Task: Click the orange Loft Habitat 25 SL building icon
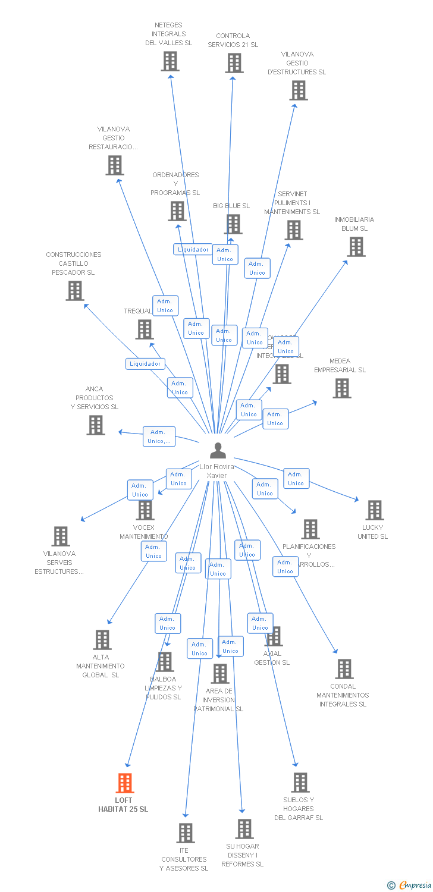pos(124,783)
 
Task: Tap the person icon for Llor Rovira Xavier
pos(218,451)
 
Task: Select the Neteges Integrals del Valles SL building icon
pos(170,61)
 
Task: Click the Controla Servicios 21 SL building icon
pos(234,63)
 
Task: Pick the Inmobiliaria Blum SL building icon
pos(356,247)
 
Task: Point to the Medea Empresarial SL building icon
pos(341,388)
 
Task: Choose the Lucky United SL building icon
pos(374,510)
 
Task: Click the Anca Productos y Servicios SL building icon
pos(96,425)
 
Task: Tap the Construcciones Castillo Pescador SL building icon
pos(74,291)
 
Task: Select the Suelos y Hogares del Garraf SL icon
pos(300,783)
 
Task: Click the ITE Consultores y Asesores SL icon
pos(186,833)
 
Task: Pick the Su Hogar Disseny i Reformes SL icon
pos(244,829)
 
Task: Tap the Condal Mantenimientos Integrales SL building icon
pos(344,669)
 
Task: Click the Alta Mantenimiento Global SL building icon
pos(102,640)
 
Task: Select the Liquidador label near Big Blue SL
pos(193,250)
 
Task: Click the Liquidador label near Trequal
pos(145,364)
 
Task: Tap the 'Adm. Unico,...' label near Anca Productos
pos(159,436)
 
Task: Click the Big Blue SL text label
pos(231,206)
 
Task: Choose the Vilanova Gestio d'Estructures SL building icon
pos(298,90)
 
